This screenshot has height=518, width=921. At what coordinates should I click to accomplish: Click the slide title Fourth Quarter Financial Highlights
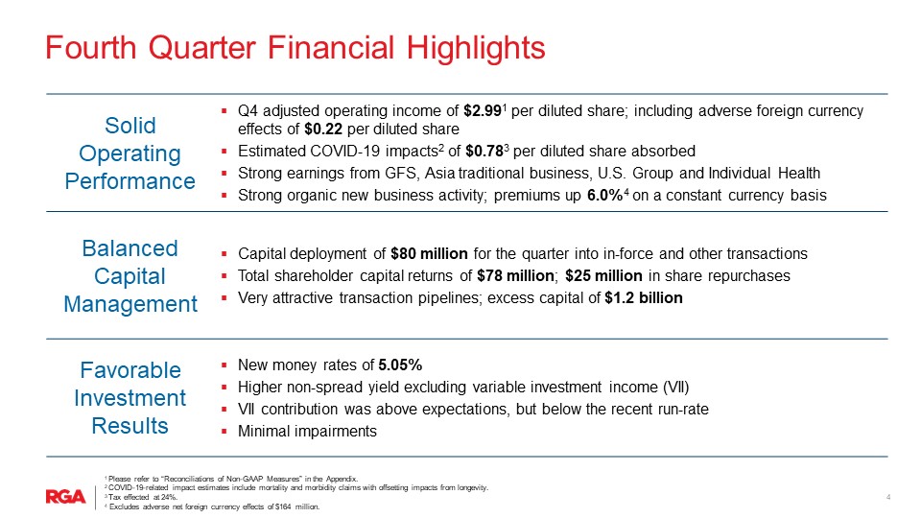(x=295, y=47)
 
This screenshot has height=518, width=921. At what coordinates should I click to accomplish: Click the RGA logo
(x=66, y=496)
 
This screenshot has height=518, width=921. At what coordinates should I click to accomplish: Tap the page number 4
(x=888, y=497)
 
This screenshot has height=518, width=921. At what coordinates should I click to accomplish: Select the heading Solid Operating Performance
(x=130, y=153)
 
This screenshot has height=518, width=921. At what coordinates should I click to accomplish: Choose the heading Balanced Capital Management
(x=130, y=276)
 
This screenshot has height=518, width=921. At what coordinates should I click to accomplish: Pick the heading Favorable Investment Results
(x=130, y=397)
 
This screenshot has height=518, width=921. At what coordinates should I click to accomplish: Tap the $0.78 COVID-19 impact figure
(x=486, y=152)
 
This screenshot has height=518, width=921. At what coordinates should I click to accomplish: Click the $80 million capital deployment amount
(x=429, y=254)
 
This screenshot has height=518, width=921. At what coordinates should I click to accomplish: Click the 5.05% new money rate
(x=400, y=365)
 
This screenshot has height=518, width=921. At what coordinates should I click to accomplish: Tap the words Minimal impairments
(x=307, y=432)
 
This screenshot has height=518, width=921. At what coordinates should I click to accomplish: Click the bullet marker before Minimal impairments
(x=224, y=432)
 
